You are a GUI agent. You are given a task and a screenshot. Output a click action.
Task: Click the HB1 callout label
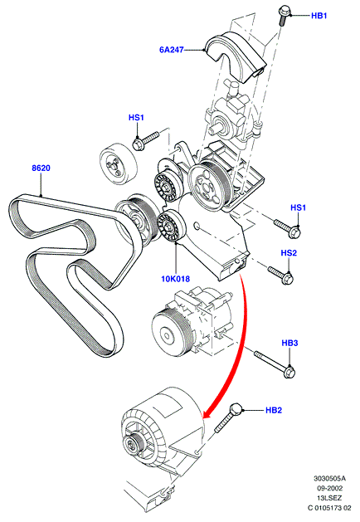click(319, 16)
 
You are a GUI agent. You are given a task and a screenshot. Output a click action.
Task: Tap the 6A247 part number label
click(172, 50)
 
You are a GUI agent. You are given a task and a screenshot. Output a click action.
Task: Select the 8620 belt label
click(41, 168)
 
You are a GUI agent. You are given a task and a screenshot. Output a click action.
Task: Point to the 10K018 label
click(175, 279)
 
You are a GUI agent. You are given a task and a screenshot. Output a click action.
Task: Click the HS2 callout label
click(289, 253)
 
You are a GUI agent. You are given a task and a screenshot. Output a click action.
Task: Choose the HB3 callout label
click(289, 343)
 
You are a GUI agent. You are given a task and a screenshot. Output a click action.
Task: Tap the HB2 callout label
click(274, 410)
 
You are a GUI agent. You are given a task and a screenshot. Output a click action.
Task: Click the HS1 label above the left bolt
click(136, 118)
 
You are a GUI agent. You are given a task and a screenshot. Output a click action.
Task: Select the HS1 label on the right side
click(298, 207)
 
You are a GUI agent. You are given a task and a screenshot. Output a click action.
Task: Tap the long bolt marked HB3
click(275, 364)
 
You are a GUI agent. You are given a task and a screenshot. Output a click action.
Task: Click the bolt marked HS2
click(280, 276)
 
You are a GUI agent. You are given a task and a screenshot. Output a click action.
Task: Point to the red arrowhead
click(208, 412)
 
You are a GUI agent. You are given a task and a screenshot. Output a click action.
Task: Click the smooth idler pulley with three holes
click(119, 164)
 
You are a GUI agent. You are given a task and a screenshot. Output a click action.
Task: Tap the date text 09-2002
click(328, 488)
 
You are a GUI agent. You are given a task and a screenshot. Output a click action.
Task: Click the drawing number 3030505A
click(329, 479)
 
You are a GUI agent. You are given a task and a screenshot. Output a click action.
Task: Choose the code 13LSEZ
click(329, 498)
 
